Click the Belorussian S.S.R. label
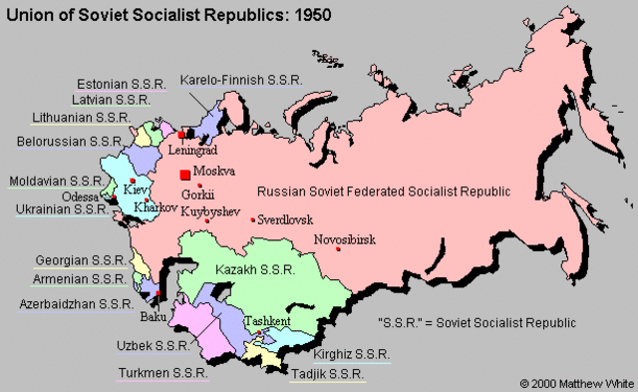pyautogui.click(x=68, y=142)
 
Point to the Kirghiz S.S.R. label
pyautogui.click(x=350, y=354)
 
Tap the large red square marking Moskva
pyautogui.click(x=184, y=175)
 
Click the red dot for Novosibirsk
pyautogui.click(x=339, y=249)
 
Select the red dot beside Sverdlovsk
pyautogui.click(x=253, y=219)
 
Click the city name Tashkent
pyautogui.click(x=267, y=321)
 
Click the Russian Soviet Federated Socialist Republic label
pyautogui.click(x=384, y=192)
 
